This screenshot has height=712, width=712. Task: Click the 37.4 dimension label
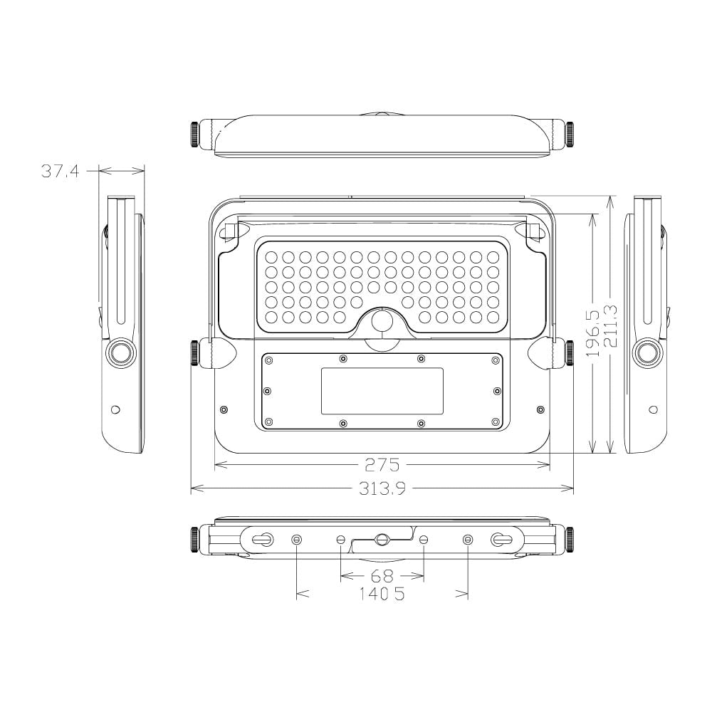click(x=60, y=171)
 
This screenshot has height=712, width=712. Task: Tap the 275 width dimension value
click(x=382, y=465)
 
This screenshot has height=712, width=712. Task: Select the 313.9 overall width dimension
click(x=382, y=488)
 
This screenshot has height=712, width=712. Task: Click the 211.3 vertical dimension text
click(x=611, y=326)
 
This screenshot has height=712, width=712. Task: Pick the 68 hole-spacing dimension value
click(x=382, y=576)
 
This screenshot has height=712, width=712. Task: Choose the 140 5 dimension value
click(x=382, y=594)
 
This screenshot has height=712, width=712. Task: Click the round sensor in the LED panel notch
click(x=382, y=320)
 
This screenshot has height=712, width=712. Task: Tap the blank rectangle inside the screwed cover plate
click(x=382, y=391)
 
